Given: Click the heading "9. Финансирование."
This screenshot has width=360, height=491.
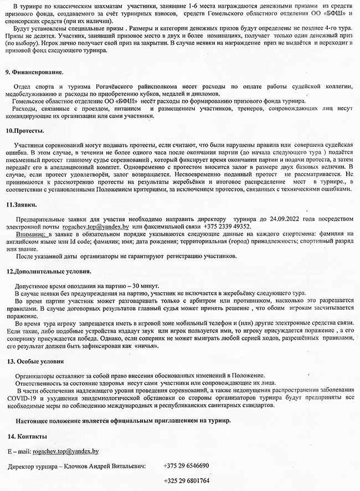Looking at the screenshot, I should coord(34,73).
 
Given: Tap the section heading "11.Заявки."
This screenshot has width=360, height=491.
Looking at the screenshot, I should coord(22,205).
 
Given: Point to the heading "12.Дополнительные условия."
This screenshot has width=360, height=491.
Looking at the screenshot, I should coord(48,272).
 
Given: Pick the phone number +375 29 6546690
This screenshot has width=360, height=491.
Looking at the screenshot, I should coord(186,466).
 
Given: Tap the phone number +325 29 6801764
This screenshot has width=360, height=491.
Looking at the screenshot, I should coord(186,480).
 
